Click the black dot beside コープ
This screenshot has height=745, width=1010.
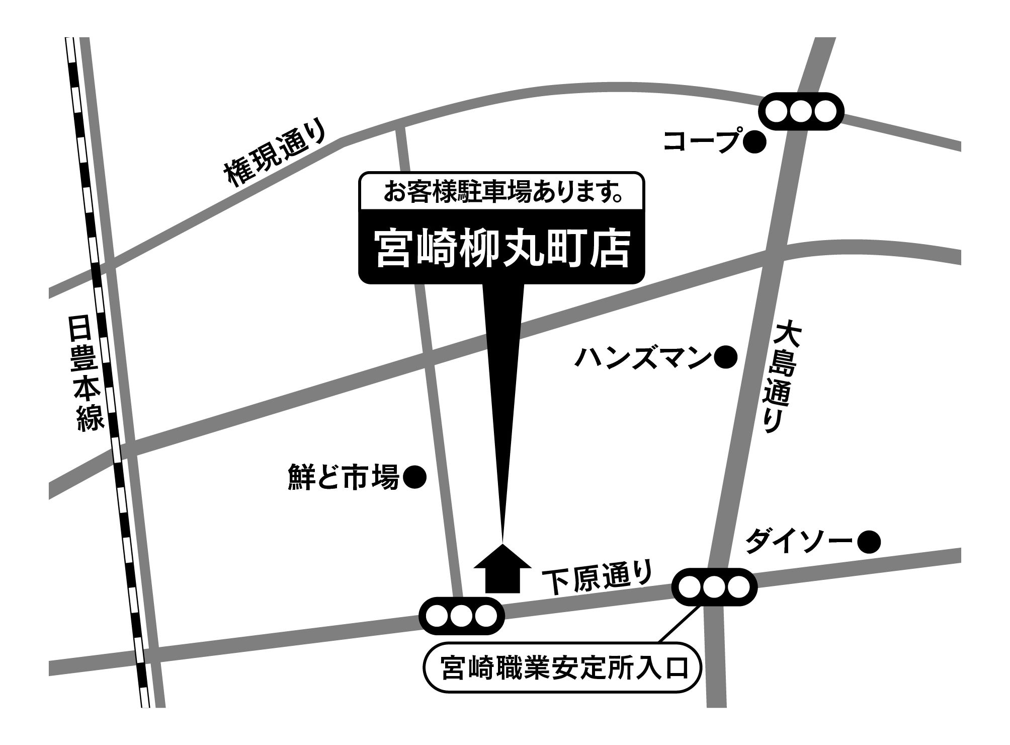(x=754, y=142)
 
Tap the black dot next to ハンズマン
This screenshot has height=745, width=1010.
(x=726, y=358)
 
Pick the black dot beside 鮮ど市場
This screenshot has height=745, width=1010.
(x=415, y=477)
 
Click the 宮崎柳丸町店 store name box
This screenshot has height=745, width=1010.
(x=501, y=249)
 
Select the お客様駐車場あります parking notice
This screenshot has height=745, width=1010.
(x=501, y=192)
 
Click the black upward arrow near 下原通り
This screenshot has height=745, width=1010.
(x=502, y=569)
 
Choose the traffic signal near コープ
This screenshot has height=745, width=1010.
(x=801, y=111)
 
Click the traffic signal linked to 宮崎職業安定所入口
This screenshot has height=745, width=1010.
(x=715, y=586)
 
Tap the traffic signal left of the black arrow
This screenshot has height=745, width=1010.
(x=461, y=615)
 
